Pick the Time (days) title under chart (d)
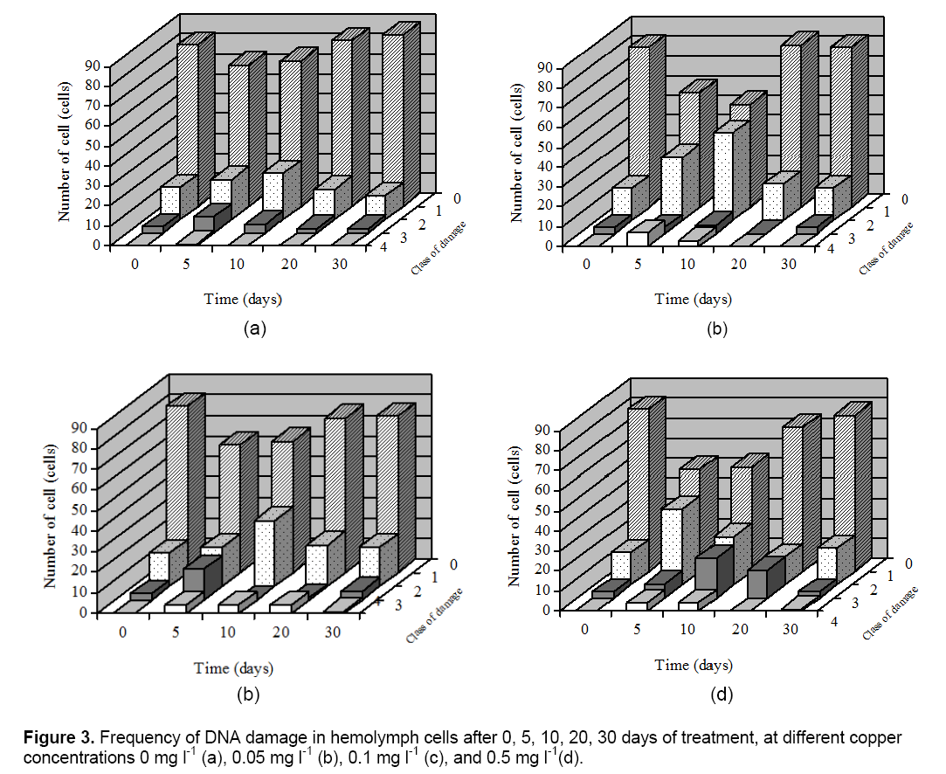coord(694,665)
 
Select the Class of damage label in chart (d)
coord(892,615)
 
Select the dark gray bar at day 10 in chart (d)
coord(708,572)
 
